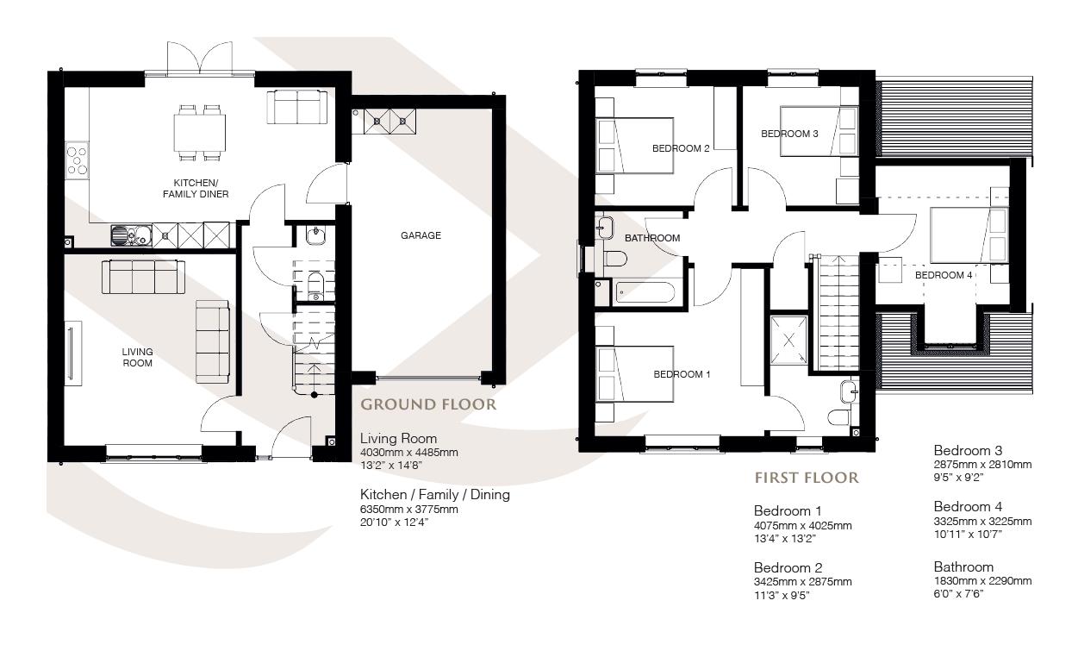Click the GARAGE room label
421,235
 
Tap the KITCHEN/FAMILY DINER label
196,188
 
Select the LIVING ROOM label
137,357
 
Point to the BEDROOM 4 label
944,275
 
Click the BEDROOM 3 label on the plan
789,134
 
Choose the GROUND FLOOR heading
427,404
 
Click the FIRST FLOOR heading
807,477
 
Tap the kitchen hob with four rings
78,161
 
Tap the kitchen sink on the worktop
130,234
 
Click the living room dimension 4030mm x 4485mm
408,452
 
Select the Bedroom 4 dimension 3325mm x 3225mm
982,521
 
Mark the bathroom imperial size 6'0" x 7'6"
958,593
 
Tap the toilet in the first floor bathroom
614,259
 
